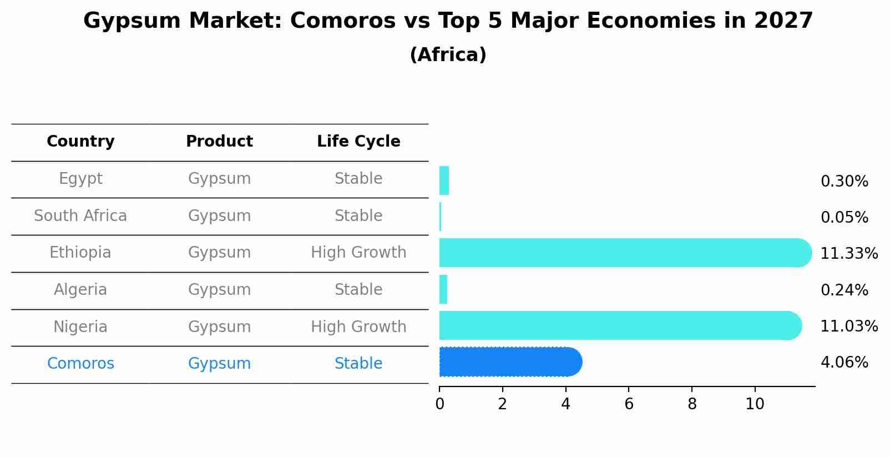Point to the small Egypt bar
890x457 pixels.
click(x=444, y=180)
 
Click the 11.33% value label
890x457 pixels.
click(x=848, y=254)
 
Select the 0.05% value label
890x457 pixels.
click(x=844, y=218)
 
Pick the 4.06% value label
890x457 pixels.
click(x=844, y=363)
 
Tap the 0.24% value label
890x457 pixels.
click(x=844, y=290)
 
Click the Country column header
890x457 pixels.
click(x=80, y=142)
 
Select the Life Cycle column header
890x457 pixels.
click(x=358, y=142)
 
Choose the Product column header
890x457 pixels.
click(x=219, y=142)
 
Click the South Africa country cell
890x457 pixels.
click(x=80, y=216)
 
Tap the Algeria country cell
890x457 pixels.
click(x=80, y=290)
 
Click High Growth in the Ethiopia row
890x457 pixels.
click(x=358, y=253)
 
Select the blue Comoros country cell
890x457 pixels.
click(x=80, y=364)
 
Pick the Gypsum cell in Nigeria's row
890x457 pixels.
click(x=219, y=327)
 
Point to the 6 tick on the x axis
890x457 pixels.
click(x=629, y=404)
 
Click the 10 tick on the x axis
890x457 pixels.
click(x=755, y=404)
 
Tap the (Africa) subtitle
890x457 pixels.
click(x=448, y=55)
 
